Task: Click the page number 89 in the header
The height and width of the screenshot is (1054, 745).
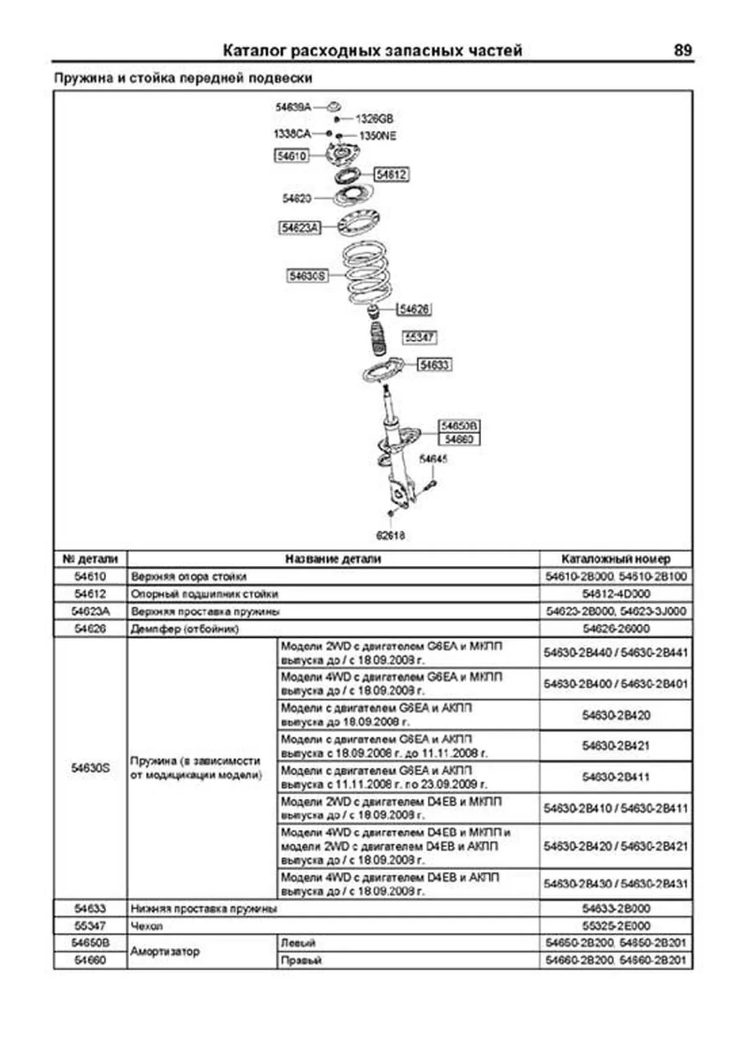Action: point(682,50)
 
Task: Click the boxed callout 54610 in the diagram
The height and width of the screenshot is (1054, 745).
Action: point(292,156)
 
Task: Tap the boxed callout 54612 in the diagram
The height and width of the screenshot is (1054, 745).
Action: point(391,175)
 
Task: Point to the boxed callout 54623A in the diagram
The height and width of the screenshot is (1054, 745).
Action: point(299,228)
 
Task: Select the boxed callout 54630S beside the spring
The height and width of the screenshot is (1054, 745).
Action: point(307,275)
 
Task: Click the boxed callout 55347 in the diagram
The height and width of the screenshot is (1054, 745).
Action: point(420,337)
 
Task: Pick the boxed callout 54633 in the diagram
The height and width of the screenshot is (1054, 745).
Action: point(434,365)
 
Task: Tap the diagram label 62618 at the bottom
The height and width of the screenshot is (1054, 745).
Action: point(391,535)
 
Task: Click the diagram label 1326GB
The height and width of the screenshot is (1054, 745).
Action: point(374,119)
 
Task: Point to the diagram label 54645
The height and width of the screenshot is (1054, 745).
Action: point(433,459)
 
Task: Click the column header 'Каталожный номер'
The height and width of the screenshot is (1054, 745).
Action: point(615,559)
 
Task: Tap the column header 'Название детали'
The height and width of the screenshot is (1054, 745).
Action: point(333,559)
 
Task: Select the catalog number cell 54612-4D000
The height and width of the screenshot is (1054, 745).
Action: point(616,594)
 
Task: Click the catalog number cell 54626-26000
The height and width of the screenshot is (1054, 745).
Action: point(616,629)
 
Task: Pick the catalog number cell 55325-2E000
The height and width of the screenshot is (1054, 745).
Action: point(616,926)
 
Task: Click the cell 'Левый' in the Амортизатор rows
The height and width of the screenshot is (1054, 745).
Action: point(299,943)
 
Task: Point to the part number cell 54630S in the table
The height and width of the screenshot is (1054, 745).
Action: point(90,768)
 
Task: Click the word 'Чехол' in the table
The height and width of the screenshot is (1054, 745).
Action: point(147,926)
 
